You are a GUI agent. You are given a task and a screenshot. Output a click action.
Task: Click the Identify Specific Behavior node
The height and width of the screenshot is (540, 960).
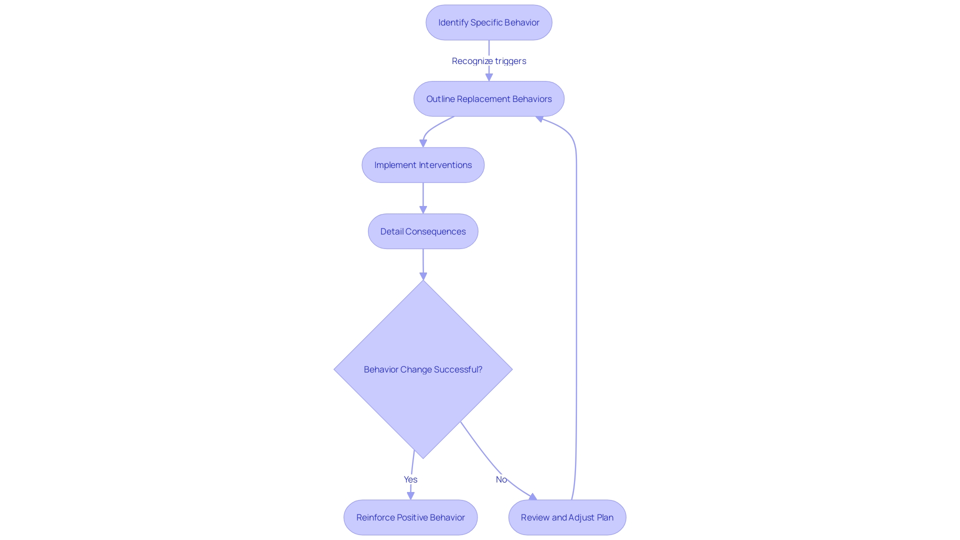coord(488,22)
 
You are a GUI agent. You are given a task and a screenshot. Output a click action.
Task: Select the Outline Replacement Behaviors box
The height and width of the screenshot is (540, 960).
coord(488,99)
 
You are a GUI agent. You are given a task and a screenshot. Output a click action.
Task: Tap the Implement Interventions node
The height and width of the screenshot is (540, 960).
coord(423,165)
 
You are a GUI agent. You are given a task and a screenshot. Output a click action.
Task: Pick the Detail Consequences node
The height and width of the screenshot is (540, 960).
coord(423,231)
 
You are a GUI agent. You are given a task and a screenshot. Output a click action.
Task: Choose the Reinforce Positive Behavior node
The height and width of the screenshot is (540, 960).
coord(410,517)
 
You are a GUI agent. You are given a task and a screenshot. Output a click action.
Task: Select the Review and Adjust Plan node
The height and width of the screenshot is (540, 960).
coord(567,517)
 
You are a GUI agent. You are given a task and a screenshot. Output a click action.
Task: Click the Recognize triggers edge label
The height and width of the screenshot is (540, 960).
coord(488,61)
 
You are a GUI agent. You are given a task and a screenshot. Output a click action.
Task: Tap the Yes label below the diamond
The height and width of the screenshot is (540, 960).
coord(410,479)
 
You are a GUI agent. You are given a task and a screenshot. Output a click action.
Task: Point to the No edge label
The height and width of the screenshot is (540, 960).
coord(501,479)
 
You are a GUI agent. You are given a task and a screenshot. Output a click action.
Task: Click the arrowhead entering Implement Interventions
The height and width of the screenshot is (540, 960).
coord(423,143)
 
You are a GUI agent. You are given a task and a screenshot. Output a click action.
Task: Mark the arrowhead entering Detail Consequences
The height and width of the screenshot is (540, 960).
coord(423,209)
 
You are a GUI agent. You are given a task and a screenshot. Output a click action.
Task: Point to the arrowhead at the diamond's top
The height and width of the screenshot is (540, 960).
coord(423,276)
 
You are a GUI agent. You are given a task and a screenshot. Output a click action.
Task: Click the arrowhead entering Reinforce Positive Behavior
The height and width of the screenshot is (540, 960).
coord(410,495)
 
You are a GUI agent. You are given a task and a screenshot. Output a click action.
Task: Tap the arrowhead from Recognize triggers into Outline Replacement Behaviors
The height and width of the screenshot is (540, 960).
coord(489,77)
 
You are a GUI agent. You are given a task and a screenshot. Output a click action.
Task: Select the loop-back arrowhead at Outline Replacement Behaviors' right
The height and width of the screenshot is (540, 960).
coord(539,118)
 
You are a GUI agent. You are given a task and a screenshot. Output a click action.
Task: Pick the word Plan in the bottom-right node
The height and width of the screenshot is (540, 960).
coord(604,517)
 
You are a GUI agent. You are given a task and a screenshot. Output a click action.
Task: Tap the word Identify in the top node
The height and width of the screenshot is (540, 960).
coord(453,22)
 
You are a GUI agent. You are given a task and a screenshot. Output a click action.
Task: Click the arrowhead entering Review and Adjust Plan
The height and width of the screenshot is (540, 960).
coord(533,497)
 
